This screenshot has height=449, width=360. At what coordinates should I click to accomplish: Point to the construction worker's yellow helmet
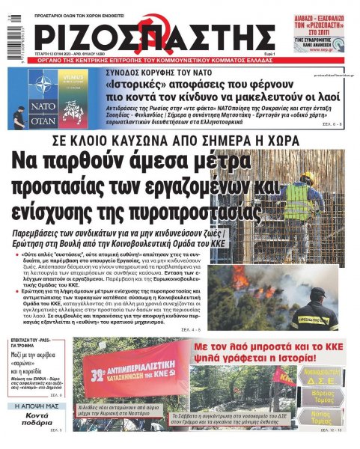[x=308, y=177]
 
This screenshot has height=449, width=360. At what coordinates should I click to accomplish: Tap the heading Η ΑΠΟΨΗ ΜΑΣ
[x=34, y=406]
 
